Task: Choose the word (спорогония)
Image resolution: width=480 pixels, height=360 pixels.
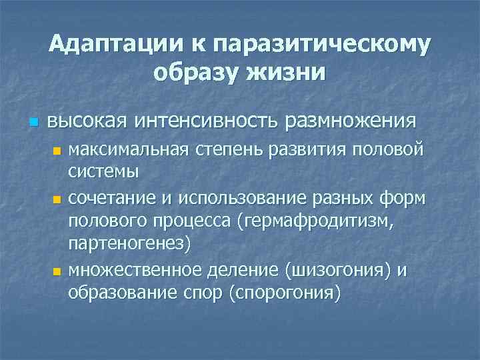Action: pos(285,292)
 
